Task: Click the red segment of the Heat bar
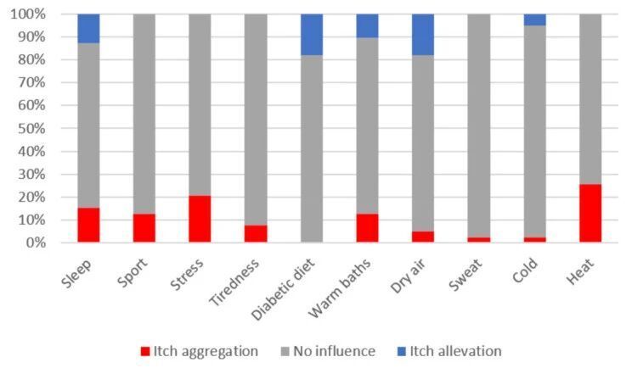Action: coord(590,213)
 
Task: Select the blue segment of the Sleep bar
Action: coord(88,28)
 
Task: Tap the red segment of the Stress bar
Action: coord(200,219)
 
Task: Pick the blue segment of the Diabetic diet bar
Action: coord(312,35)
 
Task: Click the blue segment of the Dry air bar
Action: coord(423,35)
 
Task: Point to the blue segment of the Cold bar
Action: coord(535,20)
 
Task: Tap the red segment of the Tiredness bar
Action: coord(256,233)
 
